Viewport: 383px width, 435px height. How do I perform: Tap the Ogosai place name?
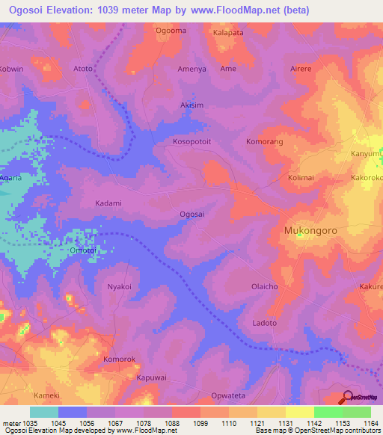[x=192, y=215]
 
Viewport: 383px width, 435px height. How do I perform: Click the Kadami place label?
[x=108, y=203]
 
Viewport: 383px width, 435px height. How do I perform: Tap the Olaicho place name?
[x=265, y=286]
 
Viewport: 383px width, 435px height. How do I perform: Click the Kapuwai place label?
[x=151, y=377]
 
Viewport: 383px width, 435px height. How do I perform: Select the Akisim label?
[x=192, y=105]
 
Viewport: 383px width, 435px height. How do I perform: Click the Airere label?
[x=301, y=68]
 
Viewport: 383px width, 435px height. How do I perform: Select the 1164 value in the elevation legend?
[x=370, y=423]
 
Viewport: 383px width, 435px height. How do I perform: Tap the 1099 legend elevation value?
[x=200, y=423]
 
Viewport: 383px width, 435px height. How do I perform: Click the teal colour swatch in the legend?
[x=43, y=412]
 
